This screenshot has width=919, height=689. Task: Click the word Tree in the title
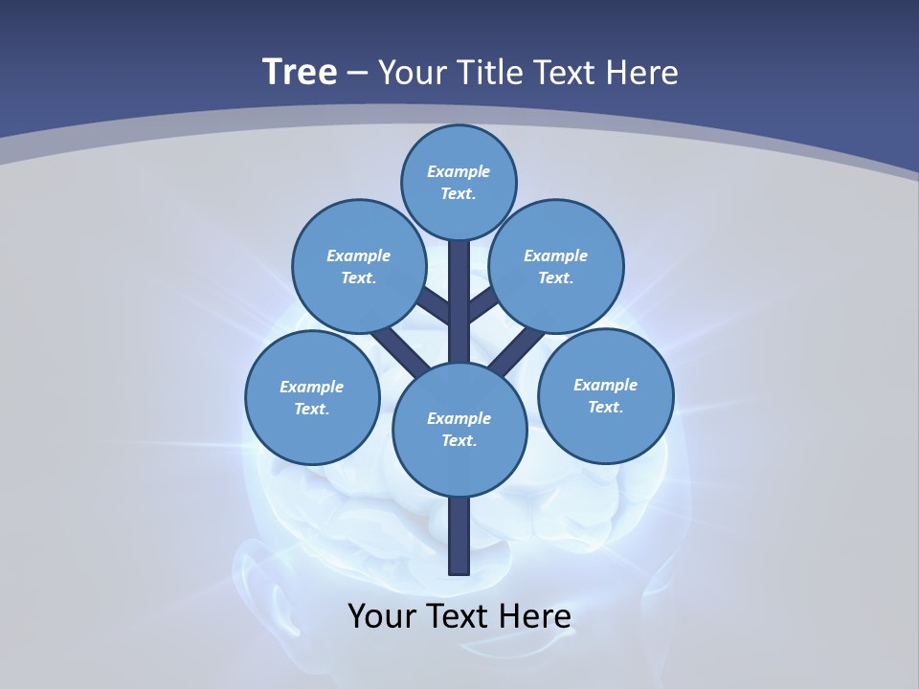(x=300, y=73)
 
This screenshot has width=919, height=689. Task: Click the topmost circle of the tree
(x=459, y=182)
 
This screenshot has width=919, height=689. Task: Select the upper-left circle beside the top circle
(x=358, y=266)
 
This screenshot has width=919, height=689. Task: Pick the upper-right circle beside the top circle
(x=556, y=266)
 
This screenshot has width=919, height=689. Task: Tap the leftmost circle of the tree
(x=312, y=397)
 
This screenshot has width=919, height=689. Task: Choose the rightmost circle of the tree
(x=605, y=395)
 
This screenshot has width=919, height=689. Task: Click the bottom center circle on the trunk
(x=459, y=429)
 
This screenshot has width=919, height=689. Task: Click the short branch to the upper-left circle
(x=437, y=305)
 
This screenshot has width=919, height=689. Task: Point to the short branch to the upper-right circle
(x=482, y=305)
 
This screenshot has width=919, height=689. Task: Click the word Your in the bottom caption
(x=381, y=616)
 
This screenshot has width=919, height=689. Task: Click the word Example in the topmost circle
(x=459, y=171)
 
